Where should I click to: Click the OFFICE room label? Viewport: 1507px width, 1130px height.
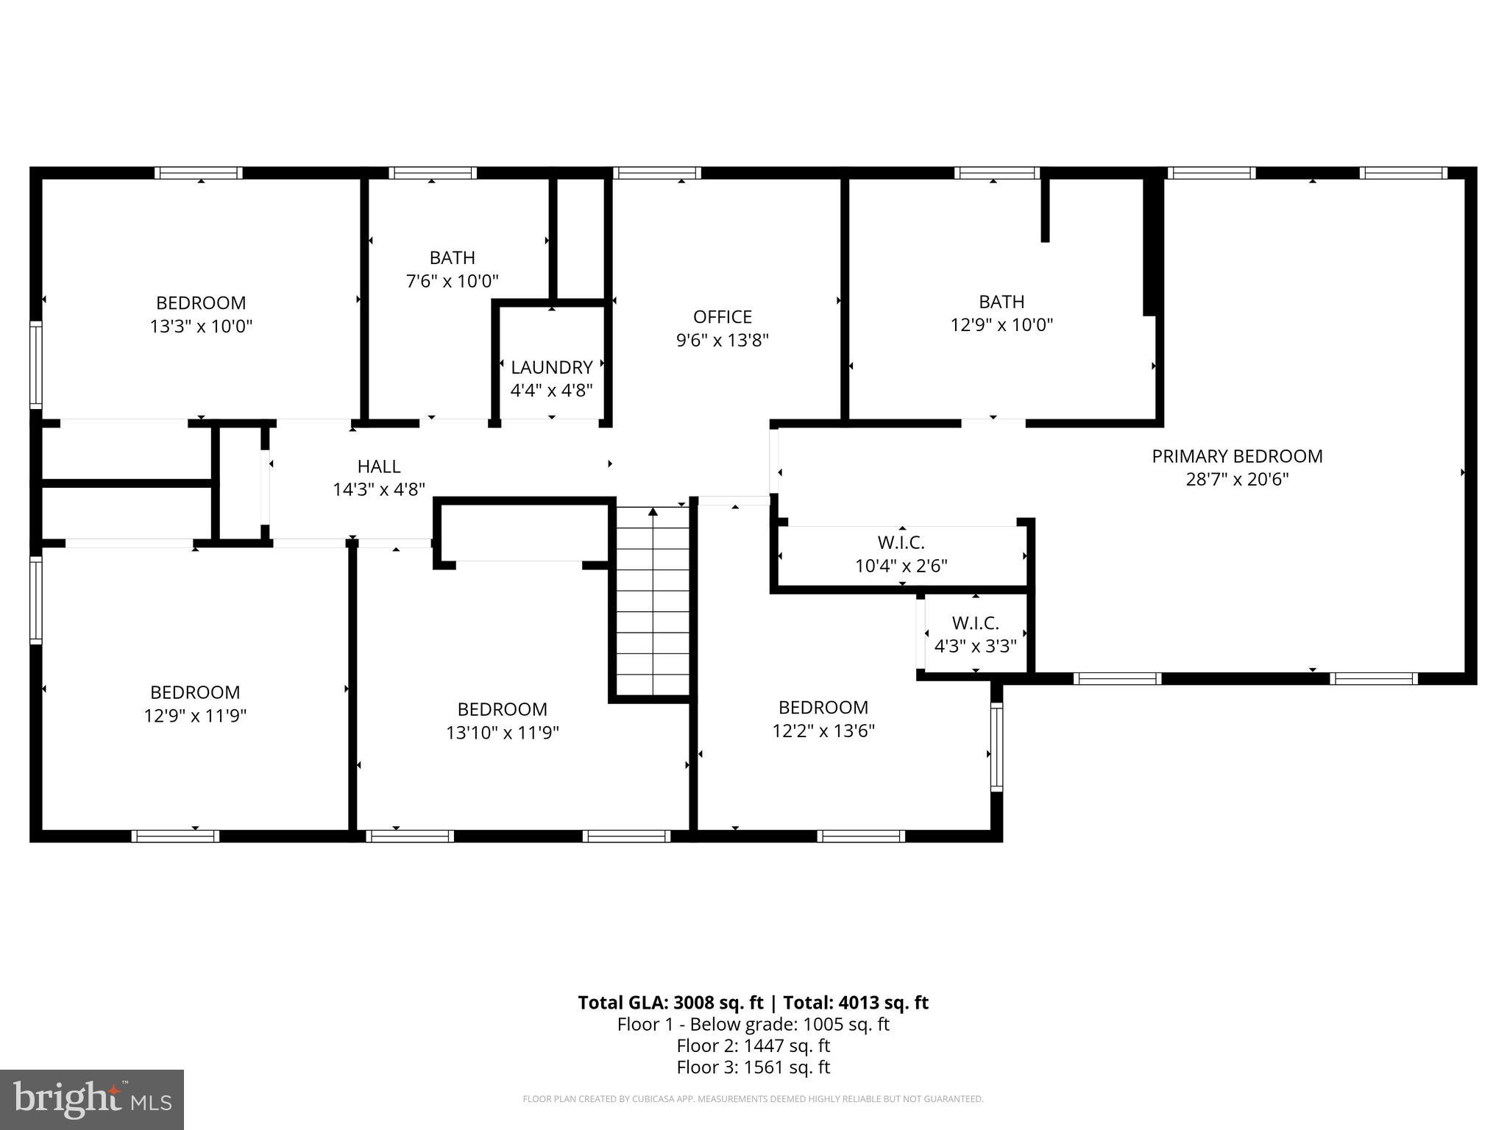(722, 317)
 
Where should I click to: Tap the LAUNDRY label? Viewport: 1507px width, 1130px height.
(551, 367)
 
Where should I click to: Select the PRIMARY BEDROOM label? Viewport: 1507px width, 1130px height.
(1237, 456)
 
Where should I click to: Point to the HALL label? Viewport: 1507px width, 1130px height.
(378, 466)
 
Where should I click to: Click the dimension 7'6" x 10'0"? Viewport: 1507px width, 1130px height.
(452, 281)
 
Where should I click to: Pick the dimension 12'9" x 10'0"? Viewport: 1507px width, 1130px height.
(1001, 325)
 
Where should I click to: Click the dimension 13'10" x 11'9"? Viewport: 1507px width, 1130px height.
(502, 733)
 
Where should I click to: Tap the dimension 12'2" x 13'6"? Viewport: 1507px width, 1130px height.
(823, 731)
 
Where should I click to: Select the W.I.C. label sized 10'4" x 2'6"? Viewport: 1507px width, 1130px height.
(901, 543)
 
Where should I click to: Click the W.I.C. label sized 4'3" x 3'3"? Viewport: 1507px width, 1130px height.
(975, 623)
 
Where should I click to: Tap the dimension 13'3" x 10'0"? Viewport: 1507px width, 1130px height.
(201, 327)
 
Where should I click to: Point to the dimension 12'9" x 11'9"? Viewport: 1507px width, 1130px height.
(195, 716)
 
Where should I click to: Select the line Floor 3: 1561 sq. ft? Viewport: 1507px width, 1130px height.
(753, 1067)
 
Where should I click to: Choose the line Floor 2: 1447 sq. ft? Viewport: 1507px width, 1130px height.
(753, 1045)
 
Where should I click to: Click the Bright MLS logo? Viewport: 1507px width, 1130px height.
(92, 1099)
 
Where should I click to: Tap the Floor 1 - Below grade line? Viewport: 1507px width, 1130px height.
(753, 1024)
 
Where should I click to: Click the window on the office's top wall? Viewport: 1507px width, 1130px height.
(656, 174)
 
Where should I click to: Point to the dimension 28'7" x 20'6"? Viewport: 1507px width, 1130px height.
(1237, 480)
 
